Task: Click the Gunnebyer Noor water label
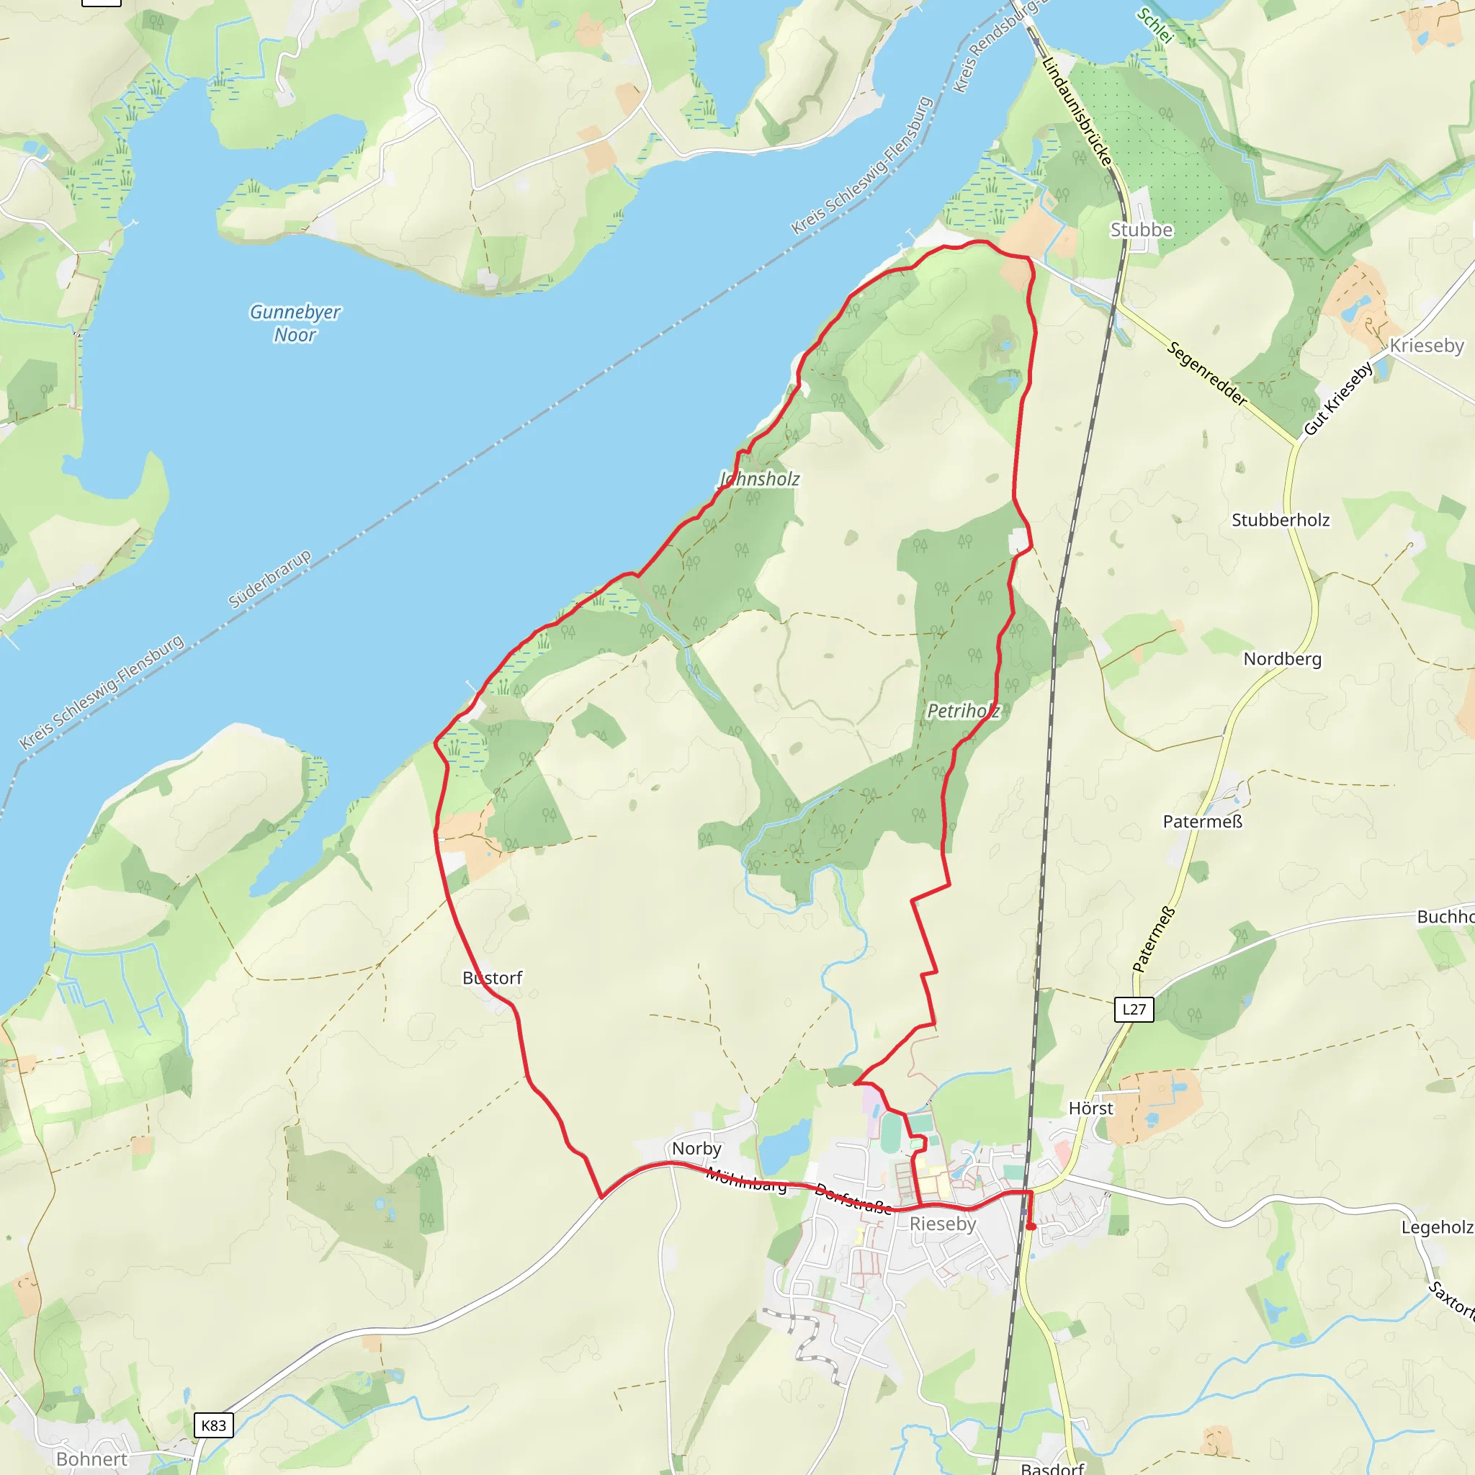point(295,323)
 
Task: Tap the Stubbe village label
point(1141,230)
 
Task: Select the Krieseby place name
point(1426,346)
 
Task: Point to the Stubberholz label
point(1281,520)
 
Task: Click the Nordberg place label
point(1282,659)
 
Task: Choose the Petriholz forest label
point(963,711)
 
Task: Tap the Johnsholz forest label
point(760,479)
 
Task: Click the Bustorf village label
point(493,977)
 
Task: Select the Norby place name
point(696,1148)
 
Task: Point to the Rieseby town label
point(943,1224)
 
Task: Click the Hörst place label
point(1090,1108)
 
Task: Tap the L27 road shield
point(1134,1009)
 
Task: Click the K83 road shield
point(213,1425)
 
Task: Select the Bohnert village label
point(91,1459)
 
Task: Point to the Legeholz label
point(1437,1227)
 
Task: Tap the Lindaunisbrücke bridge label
point(1077,111)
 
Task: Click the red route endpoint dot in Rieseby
point(1031,1227)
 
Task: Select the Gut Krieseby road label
point(1337,398)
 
